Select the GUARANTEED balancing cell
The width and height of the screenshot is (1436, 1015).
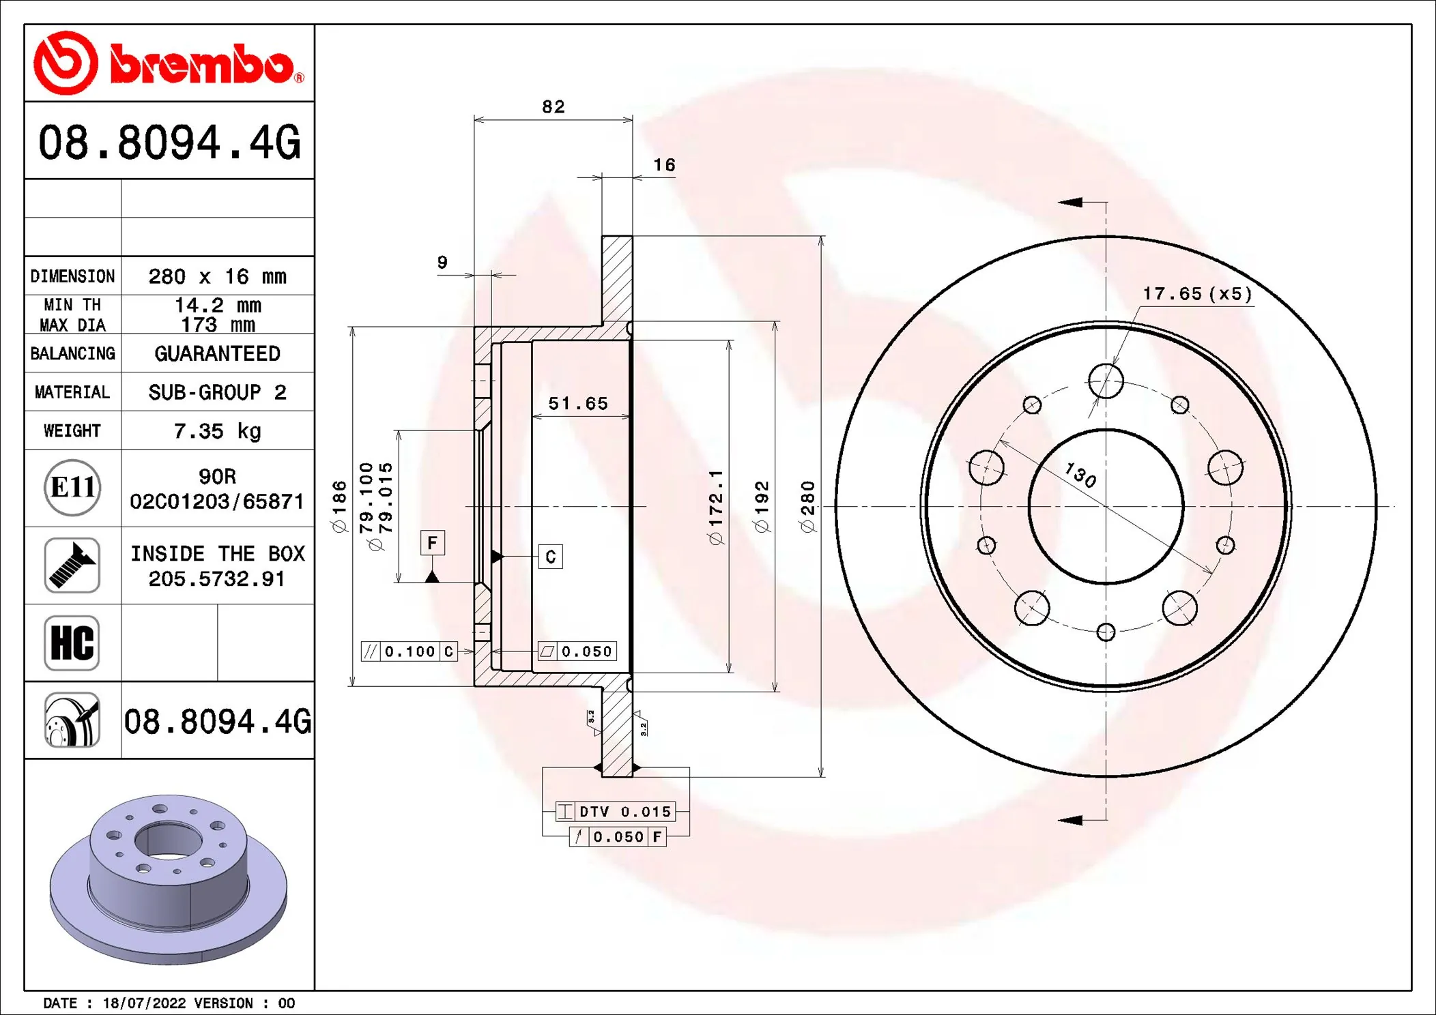tap(217, 353)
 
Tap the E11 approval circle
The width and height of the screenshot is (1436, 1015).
tap(72, 488)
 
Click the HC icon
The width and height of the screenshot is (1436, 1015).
tap(72, 643)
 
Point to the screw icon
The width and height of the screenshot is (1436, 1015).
tap(72, 565)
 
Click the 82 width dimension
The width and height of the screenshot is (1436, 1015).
tap(553, 107)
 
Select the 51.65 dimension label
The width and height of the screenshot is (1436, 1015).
tap(578, 404)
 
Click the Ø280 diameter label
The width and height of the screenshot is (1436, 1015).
tap(808, 506)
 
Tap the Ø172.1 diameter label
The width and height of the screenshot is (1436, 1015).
tap(715, 506)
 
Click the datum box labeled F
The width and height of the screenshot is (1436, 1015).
tap(432, 543)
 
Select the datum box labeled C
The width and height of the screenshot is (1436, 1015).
tap(550, 557)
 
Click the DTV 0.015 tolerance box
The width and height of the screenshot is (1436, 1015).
tap(616, 812)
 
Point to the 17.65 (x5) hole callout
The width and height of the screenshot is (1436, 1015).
tap(1197, 294)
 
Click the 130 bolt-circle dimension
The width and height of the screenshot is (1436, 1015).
tap(1080, 475)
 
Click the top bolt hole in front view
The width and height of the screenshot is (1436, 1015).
tap(1106, 381)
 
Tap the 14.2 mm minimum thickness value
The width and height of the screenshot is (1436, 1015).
tap(217, 305)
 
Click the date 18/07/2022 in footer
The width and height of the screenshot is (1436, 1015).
tap(144, 1003)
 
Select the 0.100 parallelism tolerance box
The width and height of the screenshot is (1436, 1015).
tap(409, 651)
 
